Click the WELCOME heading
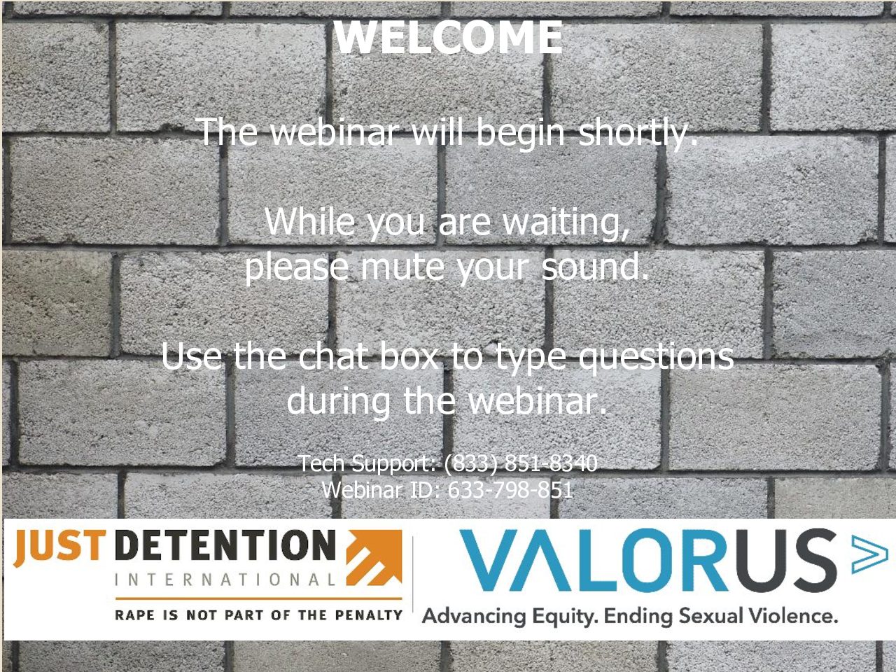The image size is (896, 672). pyautogui.click(x=448, y=37)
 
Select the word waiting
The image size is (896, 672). pyautogui.click(x=566, y=223)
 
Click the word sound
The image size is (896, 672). pyautogui.click(x=595, y=266)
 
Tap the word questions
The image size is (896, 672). pyautogui.click(x=657, y=358)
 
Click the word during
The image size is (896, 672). pyautogui.click(x=338, y=402)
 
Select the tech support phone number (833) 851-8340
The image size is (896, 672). pyautogui.click(x=521, y=463)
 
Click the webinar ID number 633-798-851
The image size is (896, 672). pyautogui.click(x=511, y=489)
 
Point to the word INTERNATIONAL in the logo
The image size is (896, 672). pyautogui.click(x=225, y=580)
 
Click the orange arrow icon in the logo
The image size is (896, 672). pyautogui.click(x=374, y=558)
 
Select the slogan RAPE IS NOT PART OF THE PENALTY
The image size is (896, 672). pyautogui.click(x=259, y=615)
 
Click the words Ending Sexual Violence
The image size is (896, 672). pyautogui.click(x=721, y=616)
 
